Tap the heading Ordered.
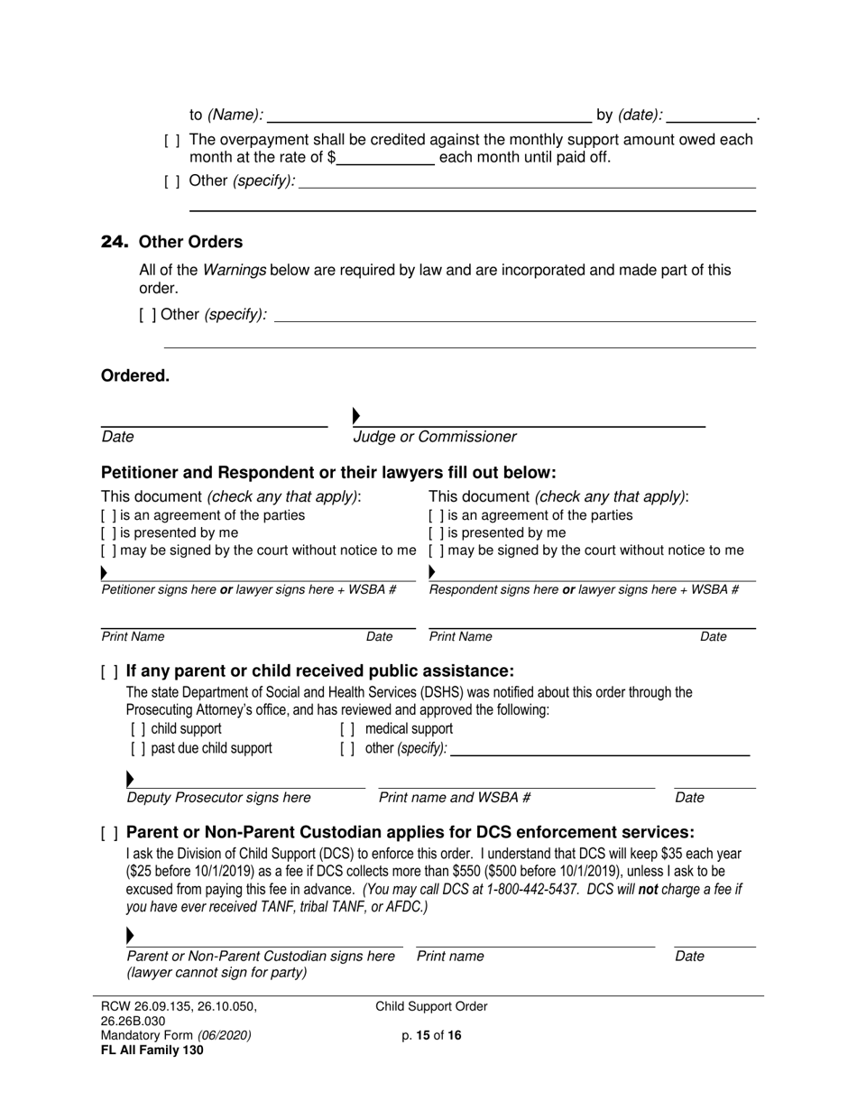(x=135, y=376)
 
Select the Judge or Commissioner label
(x=435, y=437)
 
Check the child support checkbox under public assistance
(x=138, y=729)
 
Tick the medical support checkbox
(x=347, y=729)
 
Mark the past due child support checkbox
(x=138, y=749)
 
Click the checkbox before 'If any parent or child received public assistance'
(x=109, y=671)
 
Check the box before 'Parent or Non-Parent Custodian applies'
(x=109, y=833)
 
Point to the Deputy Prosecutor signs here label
(x=219, y=798)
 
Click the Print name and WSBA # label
(x=455, y=798)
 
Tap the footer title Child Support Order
(x=431, y=1007)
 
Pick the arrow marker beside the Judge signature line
(x=356, y=416)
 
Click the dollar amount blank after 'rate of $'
(x=386, y=158)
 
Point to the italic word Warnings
(x=234, y=270)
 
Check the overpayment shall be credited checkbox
(x=171, y=141)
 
